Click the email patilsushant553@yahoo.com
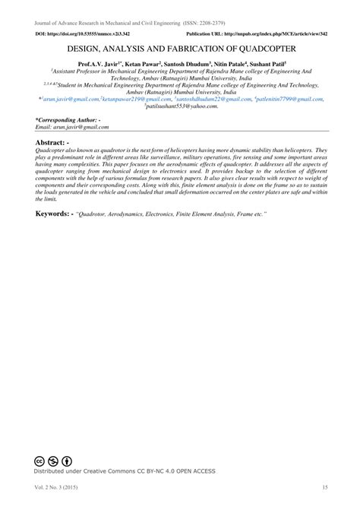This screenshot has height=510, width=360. tap(182, 106)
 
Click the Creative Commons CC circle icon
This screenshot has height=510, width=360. tap(39, 461)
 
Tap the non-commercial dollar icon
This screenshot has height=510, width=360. tap(53, 461)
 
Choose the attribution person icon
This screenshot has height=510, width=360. tap(67, 461)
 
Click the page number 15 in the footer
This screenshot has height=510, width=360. tap(324, 486)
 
